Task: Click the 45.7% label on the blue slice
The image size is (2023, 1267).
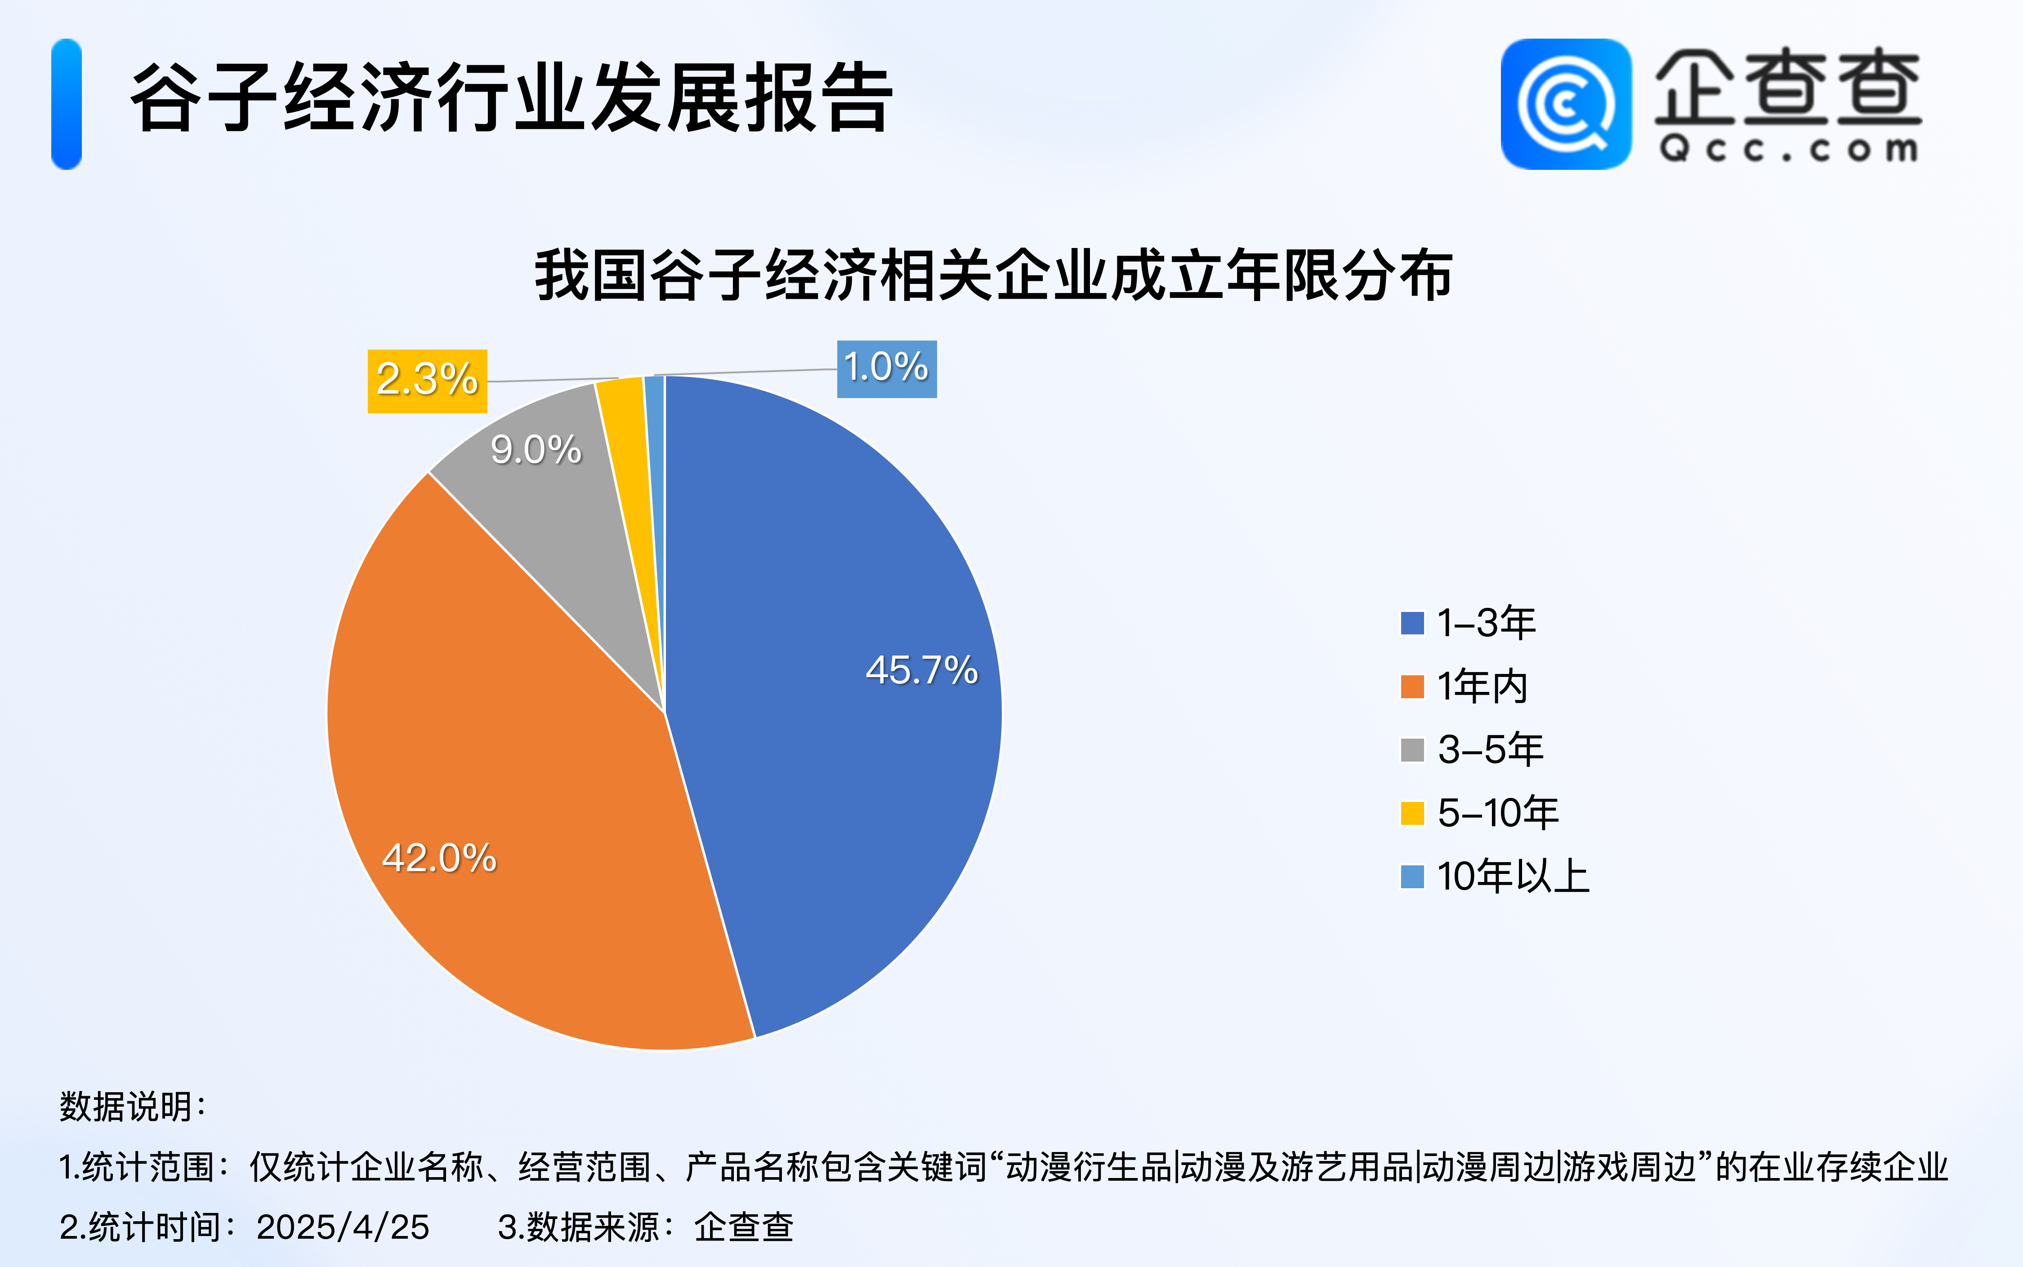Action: tap(921, 670)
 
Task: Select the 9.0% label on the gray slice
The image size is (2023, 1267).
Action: tap(536, 450)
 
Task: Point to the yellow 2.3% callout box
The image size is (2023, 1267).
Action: tap(427, 381)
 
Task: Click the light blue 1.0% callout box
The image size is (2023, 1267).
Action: tap(887, 369)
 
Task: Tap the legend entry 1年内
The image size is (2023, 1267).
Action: tap(1464, 687)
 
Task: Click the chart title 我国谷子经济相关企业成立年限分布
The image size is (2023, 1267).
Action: tap(994, 275)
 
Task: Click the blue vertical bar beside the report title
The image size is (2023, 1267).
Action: tap(66, 104)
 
